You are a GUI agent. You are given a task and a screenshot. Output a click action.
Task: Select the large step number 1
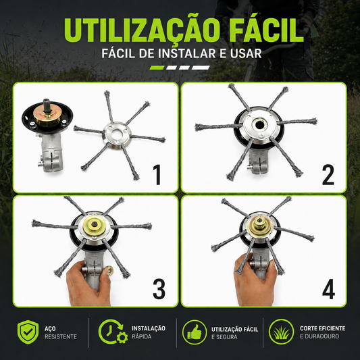click(x=157, y=175)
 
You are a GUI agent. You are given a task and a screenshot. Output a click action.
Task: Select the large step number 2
click(x=328, y=175)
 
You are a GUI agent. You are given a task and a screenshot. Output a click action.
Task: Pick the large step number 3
click(x=159, y=288)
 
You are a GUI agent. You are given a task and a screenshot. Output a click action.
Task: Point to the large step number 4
click(x=328, y=288)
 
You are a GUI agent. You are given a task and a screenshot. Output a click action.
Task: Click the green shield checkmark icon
click(x=28, y=332)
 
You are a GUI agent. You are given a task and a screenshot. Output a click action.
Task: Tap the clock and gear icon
click(x=113, y=332)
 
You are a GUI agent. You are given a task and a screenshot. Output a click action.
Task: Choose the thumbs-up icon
click(x=195, y=332)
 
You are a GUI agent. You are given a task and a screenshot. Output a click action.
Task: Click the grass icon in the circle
click(x=281, y=332)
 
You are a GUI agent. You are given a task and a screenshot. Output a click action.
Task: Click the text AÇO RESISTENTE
click(x=61, y=332)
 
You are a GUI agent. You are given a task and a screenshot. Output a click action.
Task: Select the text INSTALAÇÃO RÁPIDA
click(x=149, y=332)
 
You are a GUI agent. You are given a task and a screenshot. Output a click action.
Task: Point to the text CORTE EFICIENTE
click(x=322, y=328)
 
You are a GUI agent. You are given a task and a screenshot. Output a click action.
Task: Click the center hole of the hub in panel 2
click(x=259, y=125)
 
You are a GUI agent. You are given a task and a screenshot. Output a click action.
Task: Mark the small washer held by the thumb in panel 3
click(x=110, y=270)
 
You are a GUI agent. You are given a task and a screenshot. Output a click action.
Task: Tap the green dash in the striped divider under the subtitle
click(x=157, y=68)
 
